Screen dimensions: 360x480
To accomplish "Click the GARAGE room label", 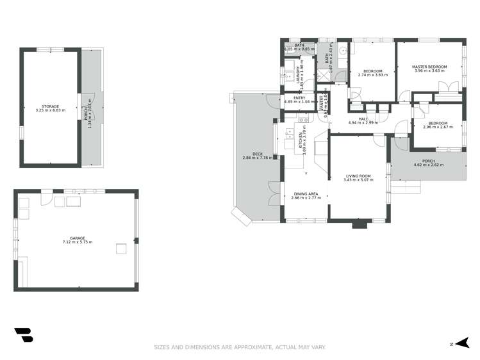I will pyautogui.click(x=77, y=238).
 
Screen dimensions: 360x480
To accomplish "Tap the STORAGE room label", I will pyautogui.click(x=51, y=106).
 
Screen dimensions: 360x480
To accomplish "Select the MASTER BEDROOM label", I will pyautogui.click(x=429, y=67).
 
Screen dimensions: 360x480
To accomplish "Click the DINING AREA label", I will pyautogui.click(x=305, y=193).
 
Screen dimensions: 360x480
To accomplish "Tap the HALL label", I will pyautogui.click(x=363, y=119).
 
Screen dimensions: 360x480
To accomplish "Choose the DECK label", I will pyautogui.click(x=257, y=154).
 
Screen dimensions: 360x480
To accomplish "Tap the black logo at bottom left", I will pyautogui.click(x=23, y=336).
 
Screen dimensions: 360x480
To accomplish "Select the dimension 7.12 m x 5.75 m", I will pyautogui.click(x=77, y=242).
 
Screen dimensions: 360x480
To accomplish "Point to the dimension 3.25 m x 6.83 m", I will pyautogui.click(x=51, y=110).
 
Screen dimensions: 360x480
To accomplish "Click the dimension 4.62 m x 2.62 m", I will pyautogui.click(x=428, y=165).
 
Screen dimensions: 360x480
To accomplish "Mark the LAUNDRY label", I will pyautogui.click(x=298, y=75).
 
